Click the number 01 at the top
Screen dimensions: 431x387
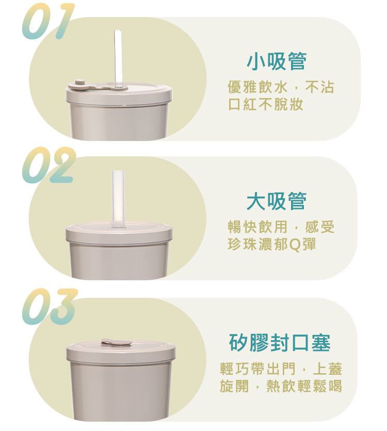[48, 22]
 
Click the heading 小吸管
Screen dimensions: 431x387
[276, 61]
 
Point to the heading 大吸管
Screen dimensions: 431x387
[276, 201]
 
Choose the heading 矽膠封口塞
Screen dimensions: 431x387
[279, 342]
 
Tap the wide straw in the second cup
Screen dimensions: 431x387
[118, 199]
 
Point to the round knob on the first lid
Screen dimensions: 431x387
[79, 82]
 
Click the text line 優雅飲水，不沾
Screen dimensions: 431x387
[281, 87]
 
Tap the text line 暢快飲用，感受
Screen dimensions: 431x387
[281, 227]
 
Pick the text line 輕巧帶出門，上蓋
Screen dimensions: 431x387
[281, 369]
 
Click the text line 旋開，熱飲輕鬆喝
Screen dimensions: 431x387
[281, 386]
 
